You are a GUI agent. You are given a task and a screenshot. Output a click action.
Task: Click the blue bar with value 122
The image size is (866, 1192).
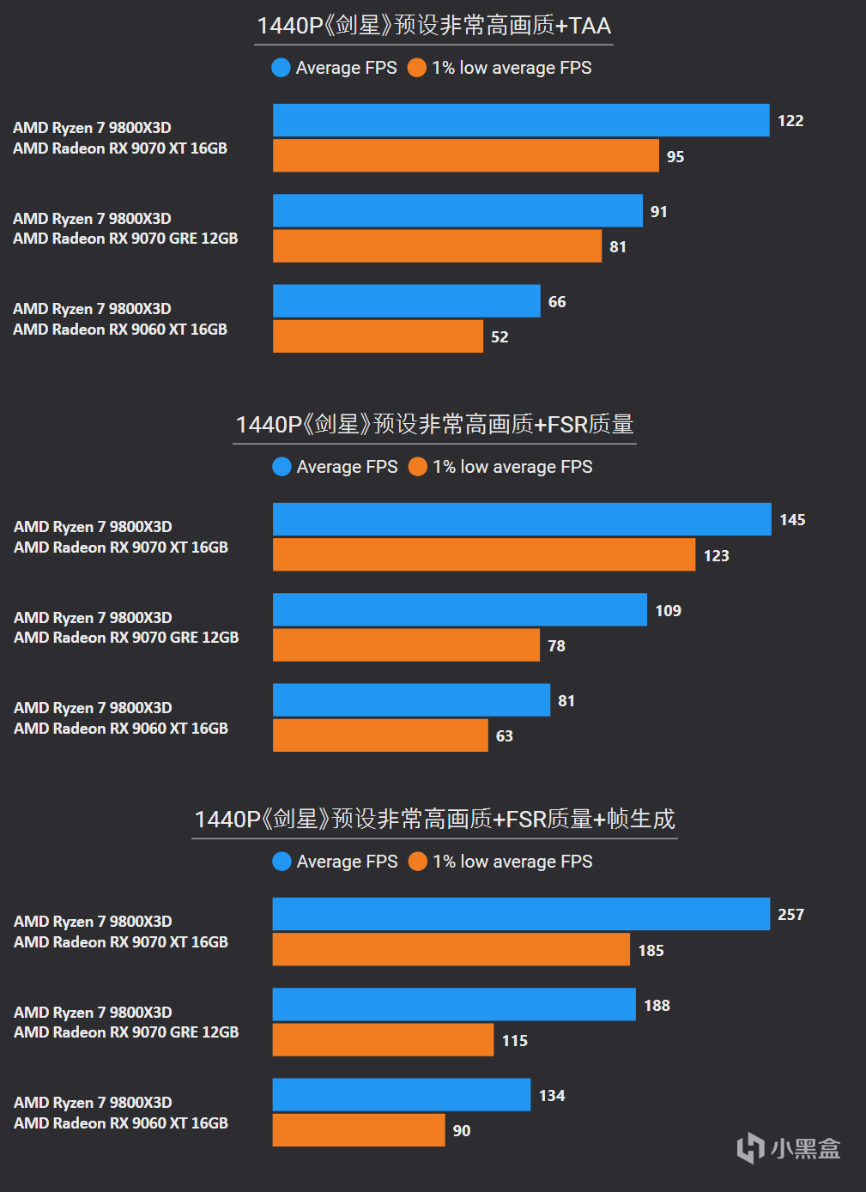tap(521, 120)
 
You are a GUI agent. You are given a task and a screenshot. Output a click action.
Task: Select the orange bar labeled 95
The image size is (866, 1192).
tap(466, 156)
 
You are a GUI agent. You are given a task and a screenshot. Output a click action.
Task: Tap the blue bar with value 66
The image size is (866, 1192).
tap(407, 301)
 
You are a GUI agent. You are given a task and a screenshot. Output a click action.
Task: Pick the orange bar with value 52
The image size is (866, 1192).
tap(378, 336)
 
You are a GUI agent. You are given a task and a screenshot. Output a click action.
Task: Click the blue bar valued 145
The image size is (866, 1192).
tap(522, 519)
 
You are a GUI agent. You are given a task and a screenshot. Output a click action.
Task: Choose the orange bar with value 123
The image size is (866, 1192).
tap(484, 555)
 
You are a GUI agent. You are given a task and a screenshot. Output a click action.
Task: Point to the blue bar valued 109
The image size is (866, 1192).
tap(460, 610)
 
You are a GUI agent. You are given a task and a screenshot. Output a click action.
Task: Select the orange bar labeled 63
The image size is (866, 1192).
tap(380, 735)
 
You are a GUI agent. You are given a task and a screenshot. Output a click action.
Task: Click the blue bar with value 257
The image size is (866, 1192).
tap(521, 914)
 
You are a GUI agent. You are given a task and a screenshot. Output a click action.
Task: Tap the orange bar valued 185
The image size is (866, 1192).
tap(451, 950)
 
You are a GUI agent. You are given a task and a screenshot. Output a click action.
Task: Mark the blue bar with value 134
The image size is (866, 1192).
tap(402, 1095)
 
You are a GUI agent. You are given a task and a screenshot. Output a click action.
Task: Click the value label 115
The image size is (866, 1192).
tap(515, 1041)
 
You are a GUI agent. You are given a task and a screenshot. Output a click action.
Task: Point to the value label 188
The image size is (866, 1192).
tap(657, 1005)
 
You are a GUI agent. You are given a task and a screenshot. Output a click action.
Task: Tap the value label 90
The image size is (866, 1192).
tap(462, 1131)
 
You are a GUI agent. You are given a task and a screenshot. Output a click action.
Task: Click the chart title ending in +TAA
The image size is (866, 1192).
tap(433, 26)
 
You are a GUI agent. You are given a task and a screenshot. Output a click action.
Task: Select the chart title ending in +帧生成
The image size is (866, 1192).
tap(434, 820)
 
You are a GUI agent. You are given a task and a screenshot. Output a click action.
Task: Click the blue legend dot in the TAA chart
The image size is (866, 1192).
tap(281, 68)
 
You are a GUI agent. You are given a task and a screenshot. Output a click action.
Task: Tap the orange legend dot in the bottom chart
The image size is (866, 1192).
tap(418, 862)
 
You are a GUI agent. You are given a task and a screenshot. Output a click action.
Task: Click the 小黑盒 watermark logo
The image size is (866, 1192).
tap(788, 1148)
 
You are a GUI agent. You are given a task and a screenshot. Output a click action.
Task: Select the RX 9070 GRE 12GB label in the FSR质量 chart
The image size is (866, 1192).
tap(126, 638)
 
